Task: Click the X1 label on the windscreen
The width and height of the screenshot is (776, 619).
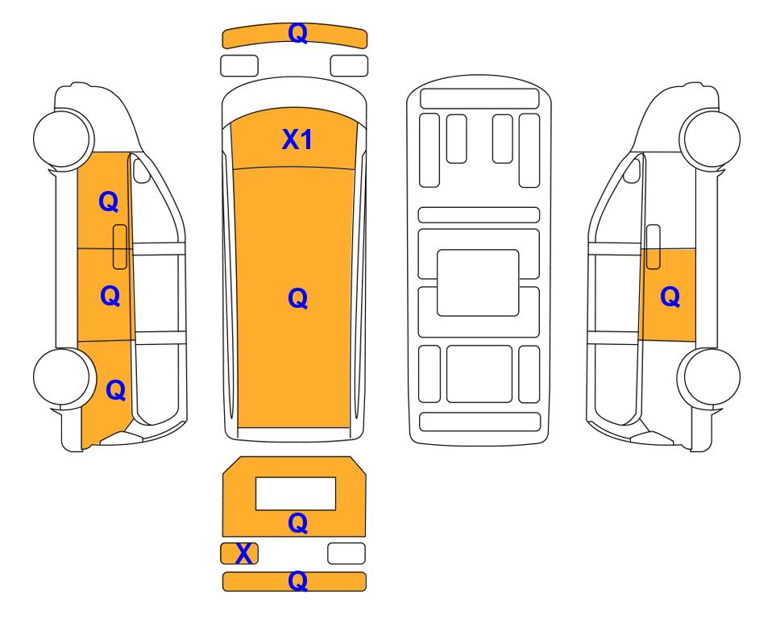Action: pos(297,139)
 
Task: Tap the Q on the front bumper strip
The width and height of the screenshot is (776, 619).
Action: pos(298,33)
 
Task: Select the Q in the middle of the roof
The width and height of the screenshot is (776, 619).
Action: pos(298,298)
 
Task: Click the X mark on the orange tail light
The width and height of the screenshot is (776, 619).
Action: pos(243,553)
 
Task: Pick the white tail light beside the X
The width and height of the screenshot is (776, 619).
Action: pos(347,553)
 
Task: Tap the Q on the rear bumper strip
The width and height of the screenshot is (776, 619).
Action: pos(298,581)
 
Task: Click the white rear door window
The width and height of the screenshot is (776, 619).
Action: pos(296,493)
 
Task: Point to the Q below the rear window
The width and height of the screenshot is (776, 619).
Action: pos(298,523)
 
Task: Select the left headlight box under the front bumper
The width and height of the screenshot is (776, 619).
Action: pos(239,66)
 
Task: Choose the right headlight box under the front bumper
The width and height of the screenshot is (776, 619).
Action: pos(349,66)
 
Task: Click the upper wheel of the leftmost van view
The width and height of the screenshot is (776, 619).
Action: pos(63,138)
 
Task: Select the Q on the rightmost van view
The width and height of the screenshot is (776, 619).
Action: pos(670,297)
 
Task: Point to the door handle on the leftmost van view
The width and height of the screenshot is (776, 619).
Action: pos(120,247)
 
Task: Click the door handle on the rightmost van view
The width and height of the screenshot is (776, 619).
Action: pos(654,247)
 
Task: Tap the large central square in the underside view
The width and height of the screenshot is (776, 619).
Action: pos(478,283)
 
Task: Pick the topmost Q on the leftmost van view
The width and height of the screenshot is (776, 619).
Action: pos(109,201)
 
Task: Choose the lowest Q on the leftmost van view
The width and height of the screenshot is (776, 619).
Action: pos(116,390)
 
